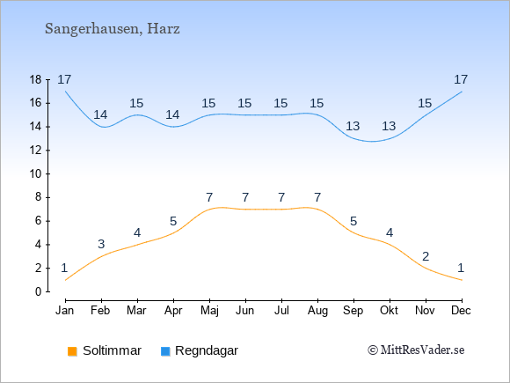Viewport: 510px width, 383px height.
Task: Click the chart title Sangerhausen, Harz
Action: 113,29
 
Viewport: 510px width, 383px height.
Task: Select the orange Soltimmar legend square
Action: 72,351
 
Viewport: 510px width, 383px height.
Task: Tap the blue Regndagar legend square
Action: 165,351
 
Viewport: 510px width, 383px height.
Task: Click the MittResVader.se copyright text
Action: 416,350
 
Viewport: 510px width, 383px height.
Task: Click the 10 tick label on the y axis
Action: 36,174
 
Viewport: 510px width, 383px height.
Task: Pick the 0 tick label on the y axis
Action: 39,291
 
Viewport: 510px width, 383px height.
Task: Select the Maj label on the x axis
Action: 209,311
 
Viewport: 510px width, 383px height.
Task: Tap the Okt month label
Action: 389,311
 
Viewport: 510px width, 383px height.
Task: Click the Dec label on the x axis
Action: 462,311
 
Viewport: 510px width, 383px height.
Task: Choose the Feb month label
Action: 100,311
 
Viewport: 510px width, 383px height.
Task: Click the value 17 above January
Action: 64,79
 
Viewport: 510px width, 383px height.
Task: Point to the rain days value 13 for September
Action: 353,126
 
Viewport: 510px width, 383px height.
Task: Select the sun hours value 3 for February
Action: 101,244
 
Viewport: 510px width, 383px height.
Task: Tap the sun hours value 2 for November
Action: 426,256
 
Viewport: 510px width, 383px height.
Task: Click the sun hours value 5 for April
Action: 173,222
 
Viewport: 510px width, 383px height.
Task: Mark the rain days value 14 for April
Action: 172,114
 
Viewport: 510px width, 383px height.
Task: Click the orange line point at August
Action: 317,210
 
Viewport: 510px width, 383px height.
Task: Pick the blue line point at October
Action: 390,138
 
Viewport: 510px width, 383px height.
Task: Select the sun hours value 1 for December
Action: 461,268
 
